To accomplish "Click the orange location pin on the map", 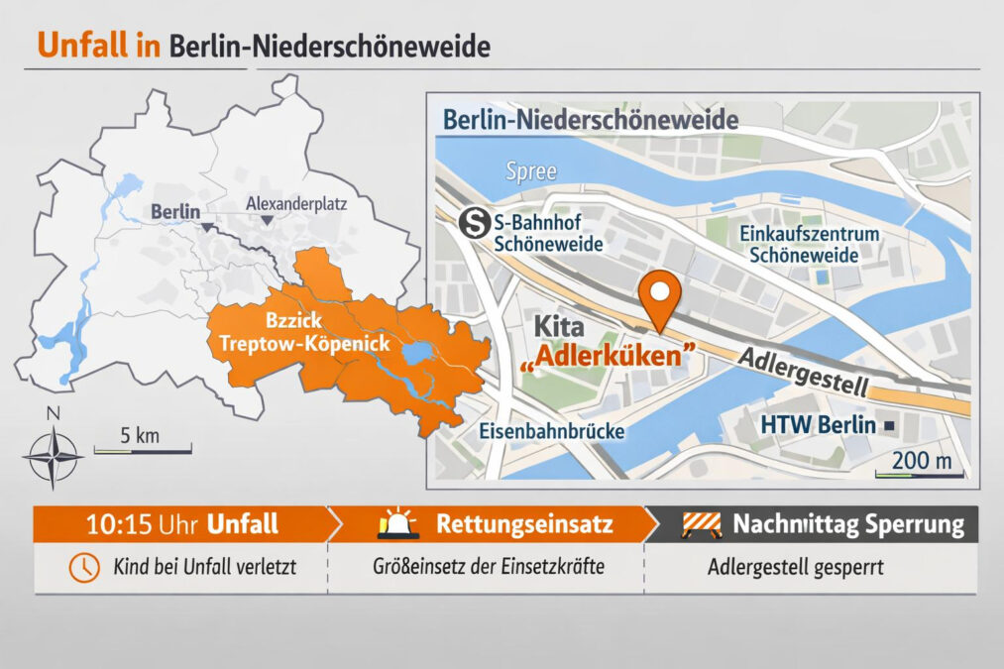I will pos(659,295).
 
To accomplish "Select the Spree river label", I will pos(524,170).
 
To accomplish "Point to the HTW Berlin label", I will pos(818,425).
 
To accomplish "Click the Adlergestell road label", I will pos(804,372).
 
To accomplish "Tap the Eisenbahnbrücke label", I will pos(551,432).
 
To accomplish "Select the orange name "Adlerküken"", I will pos(606,355).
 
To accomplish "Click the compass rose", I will pos(54,458).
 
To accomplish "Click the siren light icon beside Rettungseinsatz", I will pos(398,524).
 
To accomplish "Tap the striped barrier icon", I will pos(701,524).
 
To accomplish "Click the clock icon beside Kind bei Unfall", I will pos(83,568).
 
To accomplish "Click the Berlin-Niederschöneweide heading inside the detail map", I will pos(590,121).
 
